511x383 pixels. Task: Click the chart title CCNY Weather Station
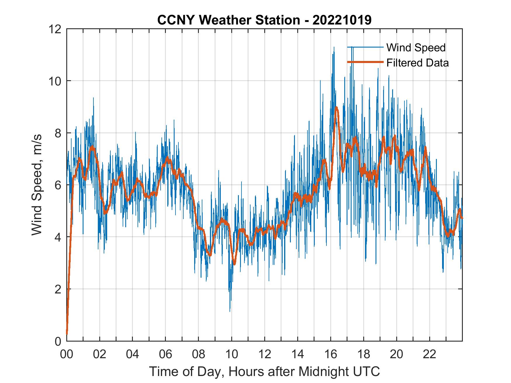264,20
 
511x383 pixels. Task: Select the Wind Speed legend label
416,48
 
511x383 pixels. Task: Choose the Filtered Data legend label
417,63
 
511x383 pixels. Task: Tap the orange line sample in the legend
365,62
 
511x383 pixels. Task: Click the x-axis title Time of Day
264,371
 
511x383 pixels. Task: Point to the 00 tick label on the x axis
67,354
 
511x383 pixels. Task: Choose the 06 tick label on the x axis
166,354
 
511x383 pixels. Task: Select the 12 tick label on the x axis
265,354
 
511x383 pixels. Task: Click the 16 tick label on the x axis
331,354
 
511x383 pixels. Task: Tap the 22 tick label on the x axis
430,354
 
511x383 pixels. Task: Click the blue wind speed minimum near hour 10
230,311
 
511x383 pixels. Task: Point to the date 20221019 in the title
342,20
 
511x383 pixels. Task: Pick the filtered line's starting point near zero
67,333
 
